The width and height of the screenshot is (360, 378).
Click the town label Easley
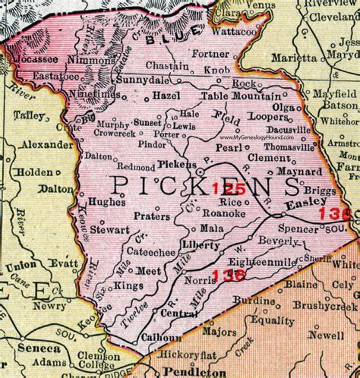click(305, 203)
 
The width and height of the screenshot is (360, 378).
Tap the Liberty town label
click(201, 244)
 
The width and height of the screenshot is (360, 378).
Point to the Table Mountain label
click(242, 96)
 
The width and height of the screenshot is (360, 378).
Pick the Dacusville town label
click(290, 130)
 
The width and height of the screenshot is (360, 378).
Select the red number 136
click(229, 277)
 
